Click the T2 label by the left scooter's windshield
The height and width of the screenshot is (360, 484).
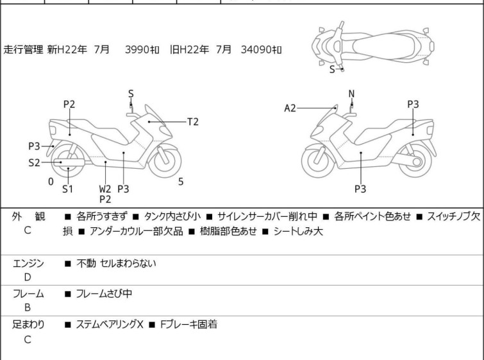[x=193, y=121]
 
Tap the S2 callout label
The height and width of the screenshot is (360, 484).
[x=35, y=162]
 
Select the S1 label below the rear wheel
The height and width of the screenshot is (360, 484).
[x=67, y=189]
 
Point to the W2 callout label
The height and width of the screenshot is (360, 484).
[x=105, y=189]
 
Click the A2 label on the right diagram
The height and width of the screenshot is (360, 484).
[x=290, y=108]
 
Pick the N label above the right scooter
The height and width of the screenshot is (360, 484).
[x=351, y=94]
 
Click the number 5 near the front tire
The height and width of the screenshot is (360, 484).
[x=181, y=182]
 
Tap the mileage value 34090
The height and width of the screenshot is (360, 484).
[x=256, y=49]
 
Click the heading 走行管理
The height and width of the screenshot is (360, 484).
[x=24, y=49]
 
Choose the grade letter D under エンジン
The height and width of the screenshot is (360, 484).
[x=28, y=277]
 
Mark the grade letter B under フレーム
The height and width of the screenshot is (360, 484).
[x=28, y=307]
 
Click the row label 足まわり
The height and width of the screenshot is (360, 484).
[x=28, y=325]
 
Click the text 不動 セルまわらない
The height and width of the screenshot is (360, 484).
[x=116, y=263]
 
